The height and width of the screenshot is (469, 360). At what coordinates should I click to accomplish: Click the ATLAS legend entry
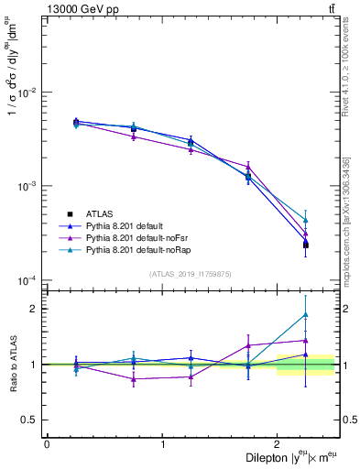100,213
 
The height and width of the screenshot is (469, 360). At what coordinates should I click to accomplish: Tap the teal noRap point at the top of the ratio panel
305,314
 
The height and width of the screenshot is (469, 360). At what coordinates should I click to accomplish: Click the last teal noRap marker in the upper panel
305,220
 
